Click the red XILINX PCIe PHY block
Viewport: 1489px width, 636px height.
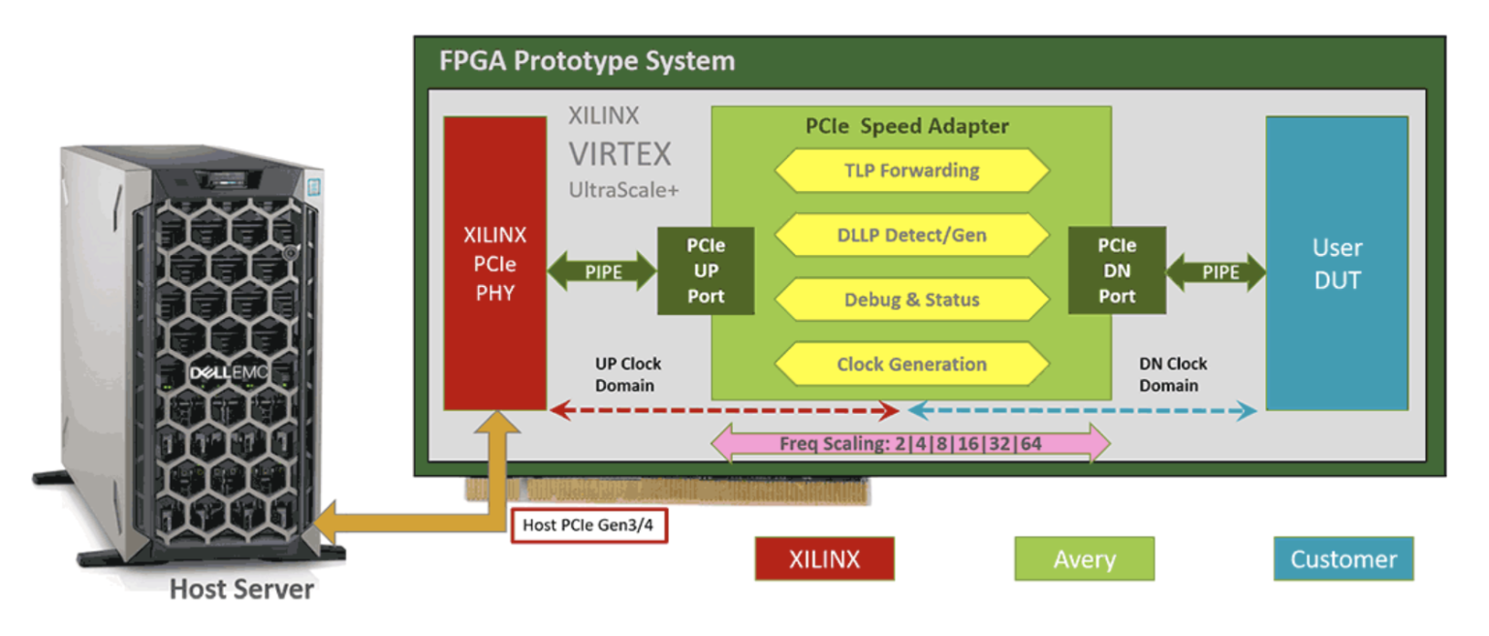pyautogui.click(x=494, y=264)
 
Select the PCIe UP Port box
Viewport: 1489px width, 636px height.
pyautogui.click(x=706, y=270)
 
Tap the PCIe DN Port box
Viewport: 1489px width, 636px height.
pyautogui.click(x=1117, y=270)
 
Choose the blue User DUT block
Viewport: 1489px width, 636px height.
pyautogui.click(x=1337, y=264)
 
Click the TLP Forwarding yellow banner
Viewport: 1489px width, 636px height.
pyautogui.click(x=911, y=171)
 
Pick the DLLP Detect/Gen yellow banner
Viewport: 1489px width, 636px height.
pyautogui.click(x=911, y=236)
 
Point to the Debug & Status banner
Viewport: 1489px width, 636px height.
pyautogui.click(x=911, y=300)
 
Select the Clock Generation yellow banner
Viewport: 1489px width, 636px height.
pyautogui.click(x=911, y=365)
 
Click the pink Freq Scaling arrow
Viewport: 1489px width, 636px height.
pyautogui.click(x=910, y=445)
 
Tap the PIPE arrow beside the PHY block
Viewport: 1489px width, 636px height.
pyautogui.click(x=603, y=272)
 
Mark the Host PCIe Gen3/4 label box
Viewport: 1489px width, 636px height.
pyautogui.click(x=589, y=525)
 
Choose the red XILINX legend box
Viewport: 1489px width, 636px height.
pyautogui.click(x=824, y=558)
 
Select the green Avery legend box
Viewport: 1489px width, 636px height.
pyautogui.click(x=1084, y=558)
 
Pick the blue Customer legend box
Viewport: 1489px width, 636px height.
pyautogui.click(x=1343, y=558)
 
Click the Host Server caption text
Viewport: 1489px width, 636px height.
pyautogui.click(x=241, y=588)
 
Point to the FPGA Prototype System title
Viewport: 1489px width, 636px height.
pyautogui.click(x=587, y=61)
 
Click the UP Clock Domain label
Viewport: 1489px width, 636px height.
pyautogui.click(x=627, y=374)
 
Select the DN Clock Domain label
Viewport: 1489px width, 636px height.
pyautogui.click(x=1172, y=374)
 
